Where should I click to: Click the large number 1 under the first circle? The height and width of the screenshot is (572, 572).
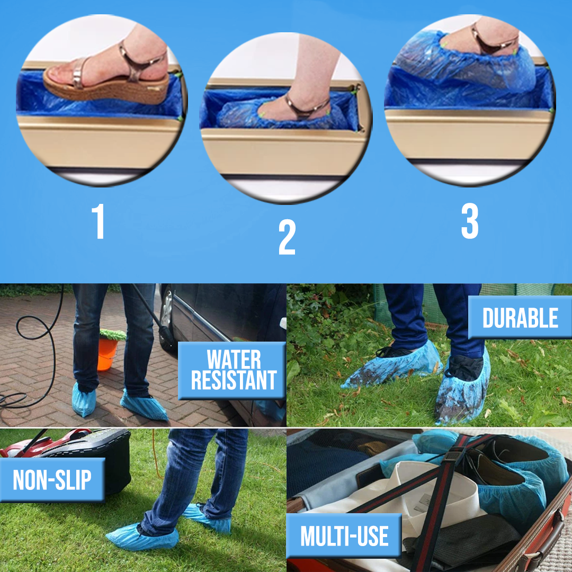pyautogui.click(x=99, y=221)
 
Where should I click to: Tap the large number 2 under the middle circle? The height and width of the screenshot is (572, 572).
pyautogui.click(x=287, y=237)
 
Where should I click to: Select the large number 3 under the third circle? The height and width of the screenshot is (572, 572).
pyautogui.click(x=470, y=221)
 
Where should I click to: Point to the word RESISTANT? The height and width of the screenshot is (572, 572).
pyautogui.click(x=234, y=380)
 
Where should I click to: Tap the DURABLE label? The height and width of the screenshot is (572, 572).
pyautogui.click(x=520, y=318)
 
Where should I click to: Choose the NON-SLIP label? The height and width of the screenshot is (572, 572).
pyautogui.click(x=52, y=480)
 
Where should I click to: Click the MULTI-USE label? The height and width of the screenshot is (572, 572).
pyautogui.click(x=344, y=536)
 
